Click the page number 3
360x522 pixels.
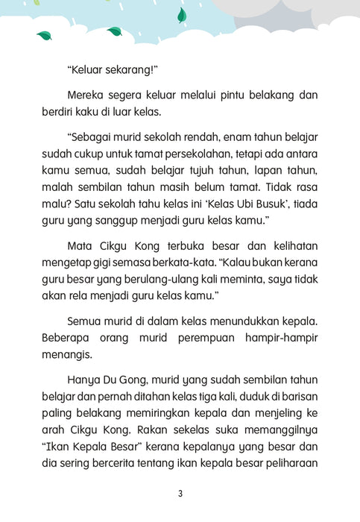[180, 494]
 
